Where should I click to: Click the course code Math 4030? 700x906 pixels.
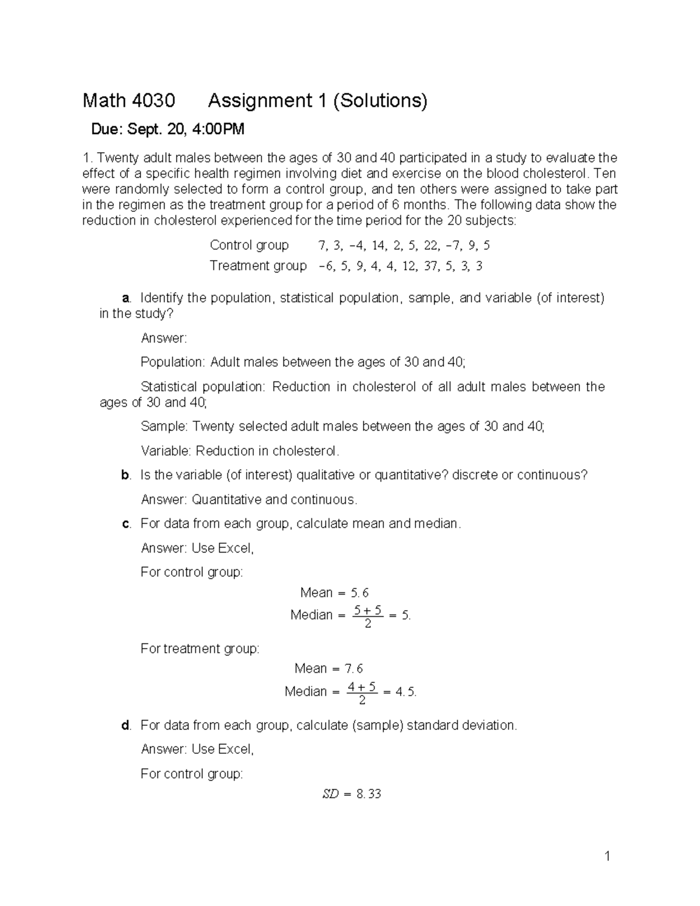(x=128, y=101)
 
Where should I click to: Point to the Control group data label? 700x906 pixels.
(x=249, y=245)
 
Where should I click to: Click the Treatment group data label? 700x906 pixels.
(x=258, y=266)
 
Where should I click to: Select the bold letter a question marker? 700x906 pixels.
(x=125, y=299)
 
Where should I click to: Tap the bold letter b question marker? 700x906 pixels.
(x=125, y=475)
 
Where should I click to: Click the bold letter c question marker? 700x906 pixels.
(x=125, y=524)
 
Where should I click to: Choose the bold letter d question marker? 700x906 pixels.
(x=125, y=726)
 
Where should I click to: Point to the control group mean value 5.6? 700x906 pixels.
(x=359, y=593)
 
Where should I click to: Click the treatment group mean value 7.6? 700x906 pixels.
(x=353, y=669)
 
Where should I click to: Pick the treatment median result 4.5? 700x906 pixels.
(x=405, y=692)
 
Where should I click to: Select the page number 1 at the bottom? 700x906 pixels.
(x=607, y=856)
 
